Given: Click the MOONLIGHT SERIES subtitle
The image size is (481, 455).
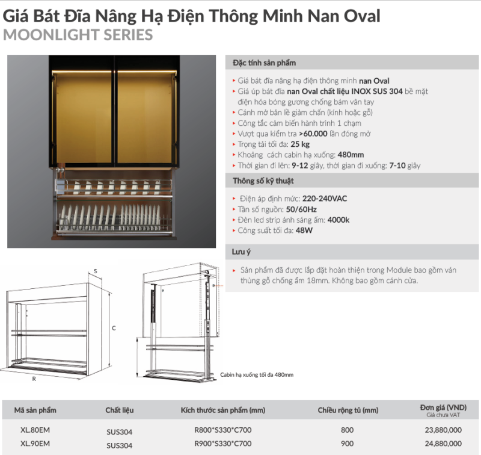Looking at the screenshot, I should tap(78, 35).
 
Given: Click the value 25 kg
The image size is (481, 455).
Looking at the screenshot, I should tap(300, 144).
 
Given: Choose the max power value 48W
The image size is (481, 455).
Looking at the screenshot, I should tap(303, 231).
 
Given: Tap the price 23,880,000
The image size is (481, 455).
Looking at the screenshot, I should tap(443, 430).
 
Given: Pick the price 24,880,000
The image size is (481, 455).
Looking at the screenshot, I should tap(443, 444).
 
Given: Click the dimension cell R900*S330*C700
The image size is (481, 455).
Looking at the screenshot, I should tap(222, 444).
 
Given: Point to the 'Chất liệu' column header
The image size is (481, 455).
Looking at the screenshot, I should tap(120, 410).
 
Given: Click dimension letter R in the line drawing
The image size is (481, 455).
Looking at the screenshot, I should tap(34, 379).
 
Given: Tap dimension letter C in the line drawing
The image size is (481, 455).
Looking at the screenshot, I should tap(113, 328).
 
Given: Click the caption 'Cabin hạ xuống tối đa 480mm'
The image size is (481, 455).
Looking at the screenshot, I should tap(257, 374).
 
